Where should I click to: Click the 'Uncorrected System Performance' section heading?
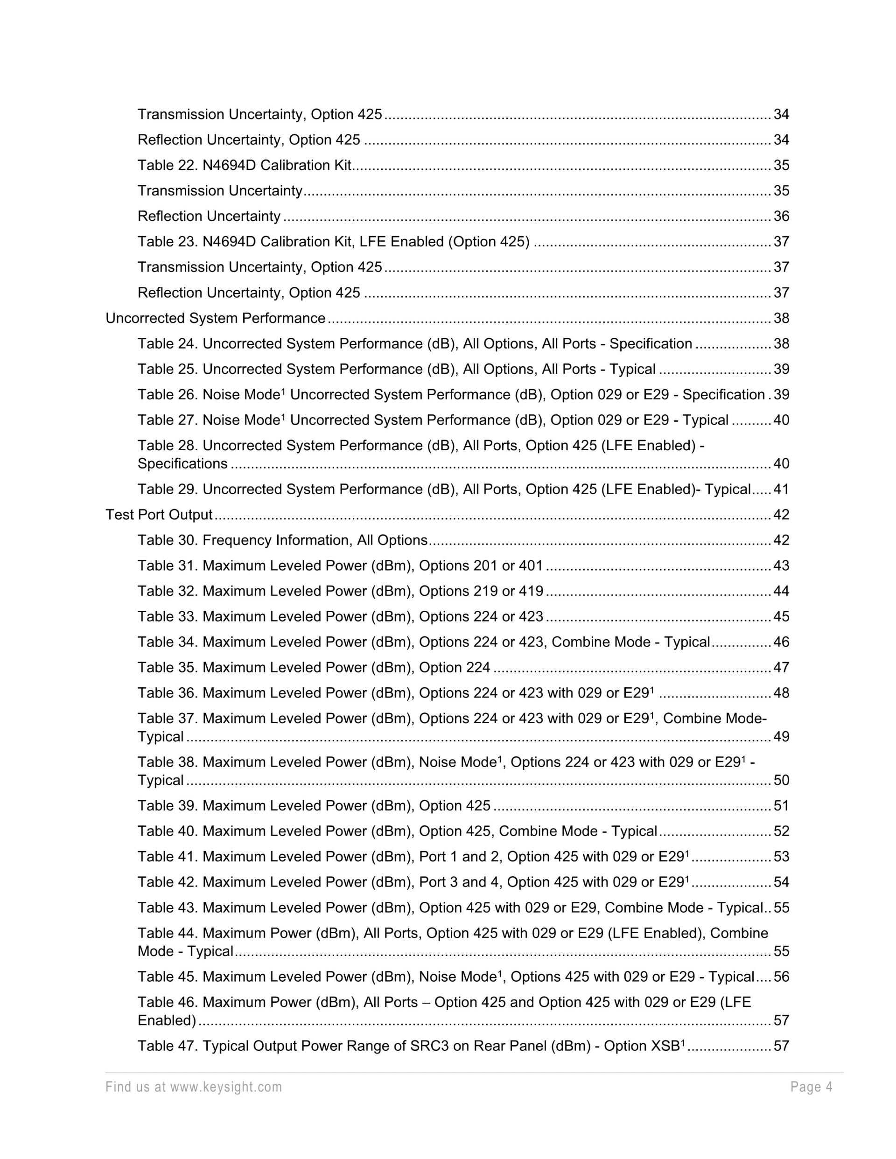pos(215,318)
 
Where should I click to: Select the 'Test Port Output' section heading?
pos(159,515)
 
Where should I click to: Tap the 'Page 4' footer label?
pos(811,1087)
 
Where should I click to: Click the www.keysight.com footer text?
pos(225,1087)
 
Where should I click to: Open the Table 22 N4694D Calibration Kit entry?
pos(244,166)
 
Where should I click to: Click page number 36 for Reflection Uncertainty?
pos(781,216)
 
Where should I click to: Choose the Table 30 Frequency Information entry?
pos(282,540)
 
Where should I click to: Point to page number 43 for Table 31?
pos(781,566)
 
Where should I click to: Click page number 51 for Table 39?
pos(781,806)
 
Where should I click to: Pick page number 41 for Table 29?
pos(781,489)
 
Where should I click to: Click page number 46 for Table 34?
pos(781,642)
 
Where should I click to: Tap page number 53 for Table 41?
pos(781,857)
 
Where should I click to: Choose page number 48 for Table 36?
pos(781,693)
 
